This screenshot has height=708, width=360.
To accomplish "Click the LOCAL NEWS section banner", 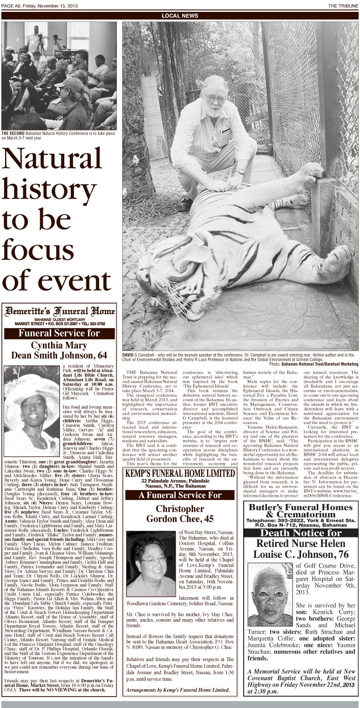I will [180, 16].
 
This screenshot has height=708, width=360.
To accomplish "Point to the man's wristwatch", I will [240, 172].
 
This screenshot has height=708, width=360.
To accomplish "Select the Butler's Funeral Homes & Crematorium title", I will [301, 511].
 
